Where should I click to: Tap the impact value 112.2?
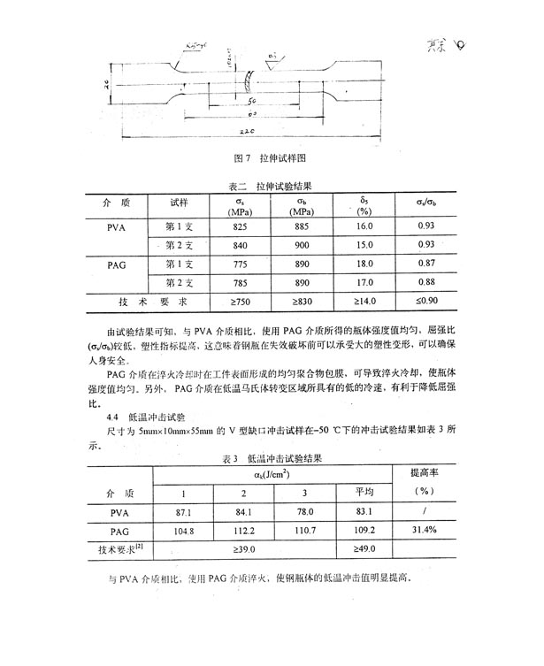(x=245, y=532)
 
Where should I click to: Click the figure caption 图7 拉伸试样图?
(x=269, y=158)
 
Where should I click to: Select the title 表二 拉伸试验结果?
(x=269, y=188)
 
